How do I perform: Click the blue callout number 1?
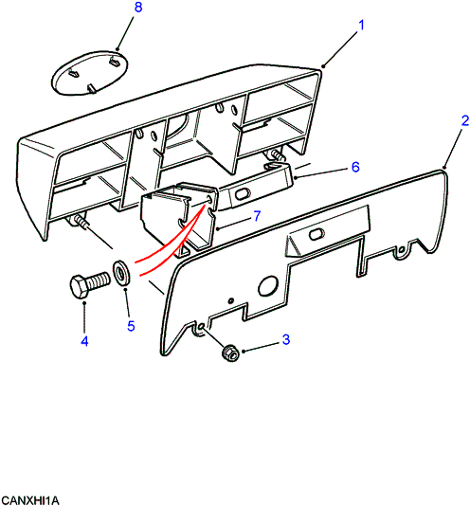coord(361,26)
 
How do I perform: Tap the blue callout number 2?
coord(465,121)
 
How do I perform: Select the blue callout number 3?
coord(286,339)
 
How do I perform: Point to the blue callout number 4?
coord(84,341)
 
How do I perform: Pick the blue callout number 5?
coord(131,326)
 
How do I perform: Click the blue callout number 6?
coord(355,167)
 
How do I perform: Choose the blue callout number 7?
coord(257,216)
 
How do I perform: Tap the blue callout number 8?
coord(138,7)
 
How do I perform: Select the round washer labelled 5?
coord(121,272)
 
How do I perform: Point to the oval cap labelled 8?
coord(90,73)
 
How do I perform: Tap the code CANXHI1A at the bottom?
coord(30,500)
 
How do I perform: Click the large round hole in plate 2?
coord(268,285)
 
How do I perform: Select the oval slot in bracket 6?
coord(243,195)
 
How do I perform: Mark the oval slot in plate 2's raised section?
coord(316,235)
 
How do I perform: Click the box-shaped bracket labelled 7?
coord(179,219)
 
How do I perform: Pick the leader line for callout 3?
coord(261,348)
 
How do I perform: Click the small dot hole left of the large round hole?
coord(231,300)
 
